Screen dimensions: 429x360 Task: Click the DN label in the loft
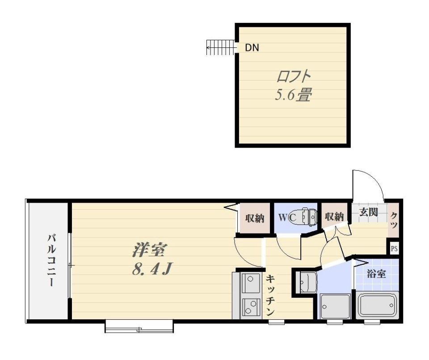tap(252, 48)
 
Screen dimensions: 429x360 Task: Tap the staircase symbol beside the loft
tap(220, 48)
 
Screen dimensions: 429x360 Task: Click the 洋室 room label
tap(149, 250)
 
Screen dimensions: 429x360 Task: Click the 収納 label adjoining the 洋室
tap(255, 219)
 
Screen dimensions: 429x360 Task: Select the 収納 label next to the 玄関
tap(334, 217)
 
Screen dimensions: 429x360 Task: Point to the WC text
tap(287, 218)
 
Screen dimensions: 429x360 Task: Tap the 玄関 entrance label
tap(369, 212)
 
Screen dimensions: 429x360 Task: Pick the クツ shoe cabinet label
tap(394, 220)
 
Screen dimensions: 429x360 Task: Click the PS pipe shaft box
tap(394, 249)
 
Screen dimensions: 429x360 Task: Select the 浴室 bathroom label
tap(376, 274)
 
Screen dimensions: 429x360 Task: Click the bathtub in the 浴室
tap(377, 305)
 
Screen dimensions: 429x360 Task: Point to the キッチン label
tap(271, 296)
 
